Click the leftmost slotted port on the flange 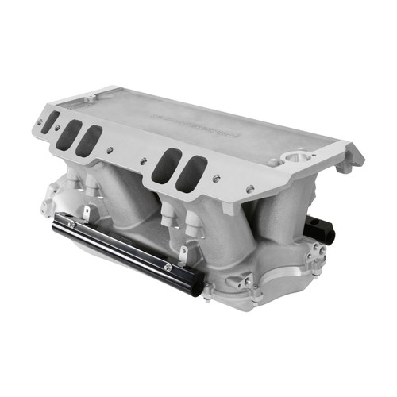click(x=50, y=121)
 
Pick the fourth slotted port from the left click(x=166, y=165)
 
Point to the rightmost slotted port click(x=191, y=174)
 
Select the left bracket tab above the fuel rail click(x=84, y=212)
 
